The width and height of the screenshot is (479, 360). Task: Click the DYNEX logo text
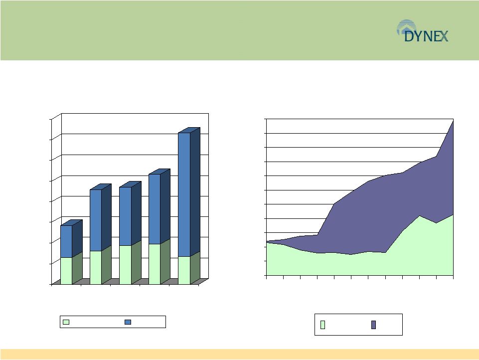tap(426, 36)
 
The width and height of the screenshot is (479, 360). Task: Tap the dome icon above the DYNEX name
tap(406, 25)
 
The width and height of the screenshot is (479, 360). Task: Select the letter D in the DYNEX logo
tap(408, 36)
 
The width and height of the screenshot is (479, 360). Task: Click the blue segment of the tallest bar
tap(184, 194)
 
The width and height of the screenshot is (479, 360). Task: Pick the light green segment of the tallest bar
tap(184, 270)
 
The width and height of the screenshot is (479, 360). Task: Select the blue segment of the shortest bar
tap(66, 241)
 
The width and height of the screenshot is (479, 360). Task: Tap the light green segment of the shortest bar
tap(66, 271)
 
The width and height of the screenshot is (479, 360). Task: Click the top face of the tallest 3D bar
tap(189, 130)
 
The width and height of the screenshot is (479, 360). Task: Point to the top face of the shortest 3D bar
tap(71, 223)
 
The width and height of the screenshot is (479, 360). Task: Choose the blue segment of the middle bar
tap(125, 216)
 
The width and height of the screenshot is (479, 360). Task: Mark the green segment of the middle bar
tap(125, 265)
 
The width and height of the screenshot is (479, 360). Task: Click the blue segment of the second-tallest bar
tap(155, 209)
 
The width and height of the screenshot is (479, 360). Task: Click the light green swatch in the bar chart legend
tap(66, 322)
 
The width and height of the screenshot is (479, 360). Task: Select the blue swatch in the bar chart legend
tap(128, 322)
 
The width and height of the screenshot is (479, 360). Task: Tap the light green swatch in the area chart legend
tap(322, 325)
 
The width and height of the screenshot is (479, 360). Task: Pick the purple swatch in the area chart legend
tap(373, 325)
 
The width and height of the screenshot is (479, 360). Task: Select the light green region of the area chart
tap(351, 264)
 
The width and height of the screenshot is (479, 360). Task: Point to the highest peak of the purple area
tap(453, 121)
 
